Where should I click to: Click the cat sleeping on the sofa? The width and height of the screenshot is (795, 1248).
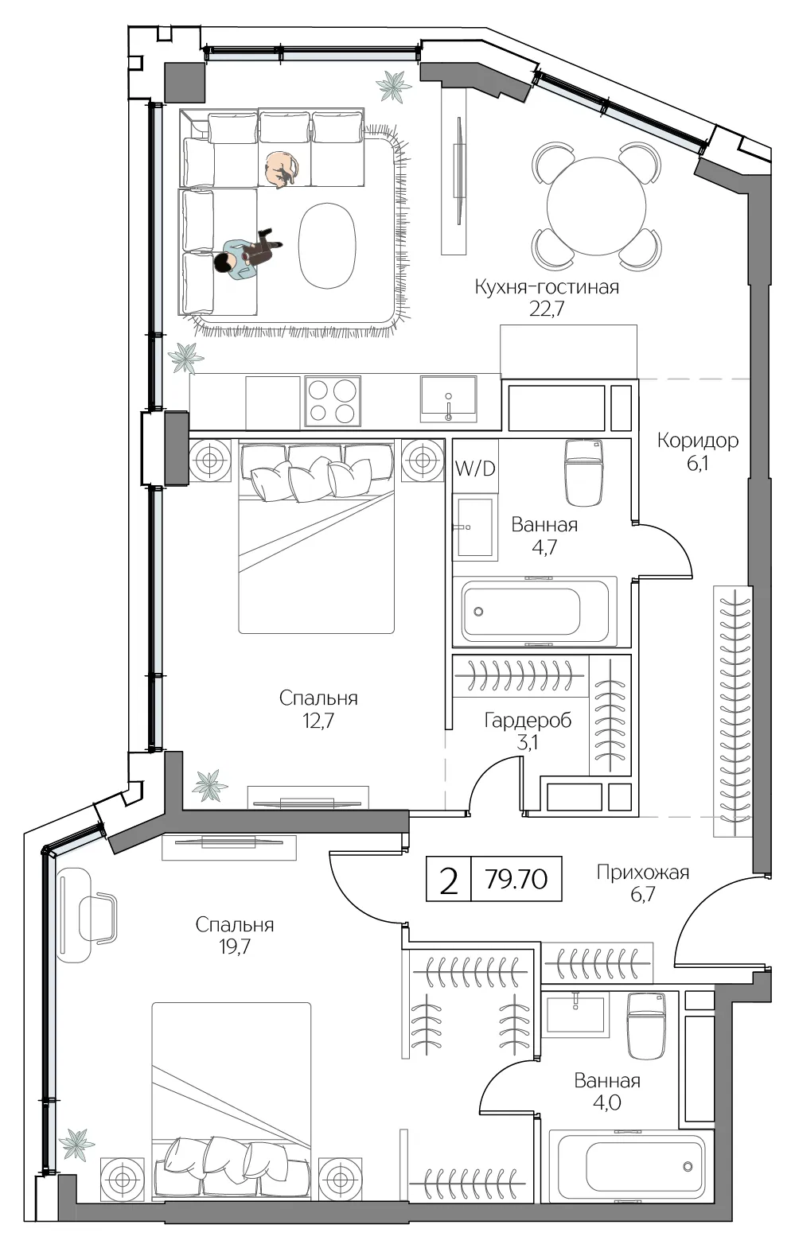(x=282, y=169)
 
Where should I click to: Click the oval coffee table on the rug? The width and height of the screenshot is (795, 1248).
(x=327, y=245)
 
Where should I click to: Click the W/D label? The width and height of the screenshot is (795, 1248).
(x=475, y=468)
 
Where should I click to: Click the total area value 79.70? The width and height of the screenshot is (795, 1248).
(x=516, y=879)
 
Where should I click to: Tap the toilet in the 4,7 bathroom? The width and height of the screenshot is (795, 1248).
(x=584, y=472)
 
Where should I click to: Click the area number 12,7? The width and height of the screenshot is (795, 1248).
(x=318, y=721)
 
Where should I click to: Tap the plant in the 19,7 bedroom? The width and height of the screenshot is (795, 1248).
(x=77, y=1145)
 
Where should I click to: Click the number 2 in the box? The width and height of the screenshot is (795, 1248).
(x=448, y=879)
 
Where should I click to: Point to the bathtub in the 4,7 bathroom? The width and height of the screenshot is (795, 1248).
(x=535, y=612)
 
